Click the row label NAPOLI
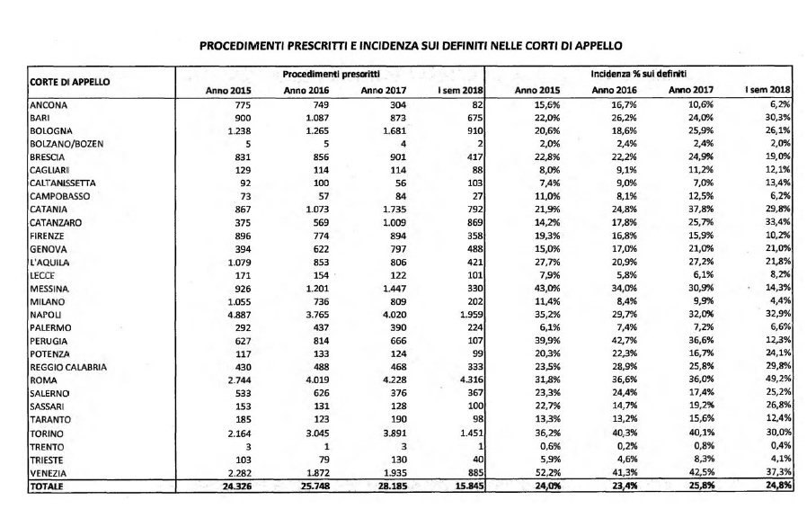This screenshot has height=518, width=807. (45, 315)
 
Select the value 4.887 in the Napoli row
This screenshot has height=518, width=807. (239, 315)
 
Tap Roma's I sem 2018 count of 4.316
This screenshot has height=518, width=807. (471, 380)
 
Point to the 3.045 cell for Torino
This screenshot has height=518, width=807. (317, 433)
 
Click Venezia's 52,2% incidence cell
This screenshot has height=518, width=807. (547, 473)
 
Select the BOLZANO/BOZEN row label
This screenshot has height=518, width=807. (67, 144)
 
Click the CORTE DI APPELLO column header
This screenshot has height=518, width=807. (69, 82)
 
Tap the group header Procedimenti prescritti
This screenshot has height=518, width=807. (331, 74)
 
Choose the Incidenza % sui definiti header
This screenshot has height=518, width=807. (638, 74)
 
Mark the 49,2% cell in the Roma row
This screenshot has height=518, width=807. (778, 380)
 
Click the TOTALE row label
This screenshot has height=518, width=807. (47, 487)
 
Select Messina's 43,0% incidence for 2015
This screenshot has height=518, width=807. (547, 289)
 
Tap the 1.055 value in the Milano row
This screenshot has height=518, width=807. (239, 302)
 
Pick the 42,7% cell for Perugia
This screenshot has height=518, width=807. (625, 341)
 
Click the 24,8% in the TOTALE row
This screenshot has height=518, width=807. (778, 485)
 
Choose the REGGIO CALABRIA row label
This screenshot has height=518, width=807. (68, 368)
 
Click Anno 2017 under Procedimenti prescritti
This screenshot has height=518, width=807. (384, 91)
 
